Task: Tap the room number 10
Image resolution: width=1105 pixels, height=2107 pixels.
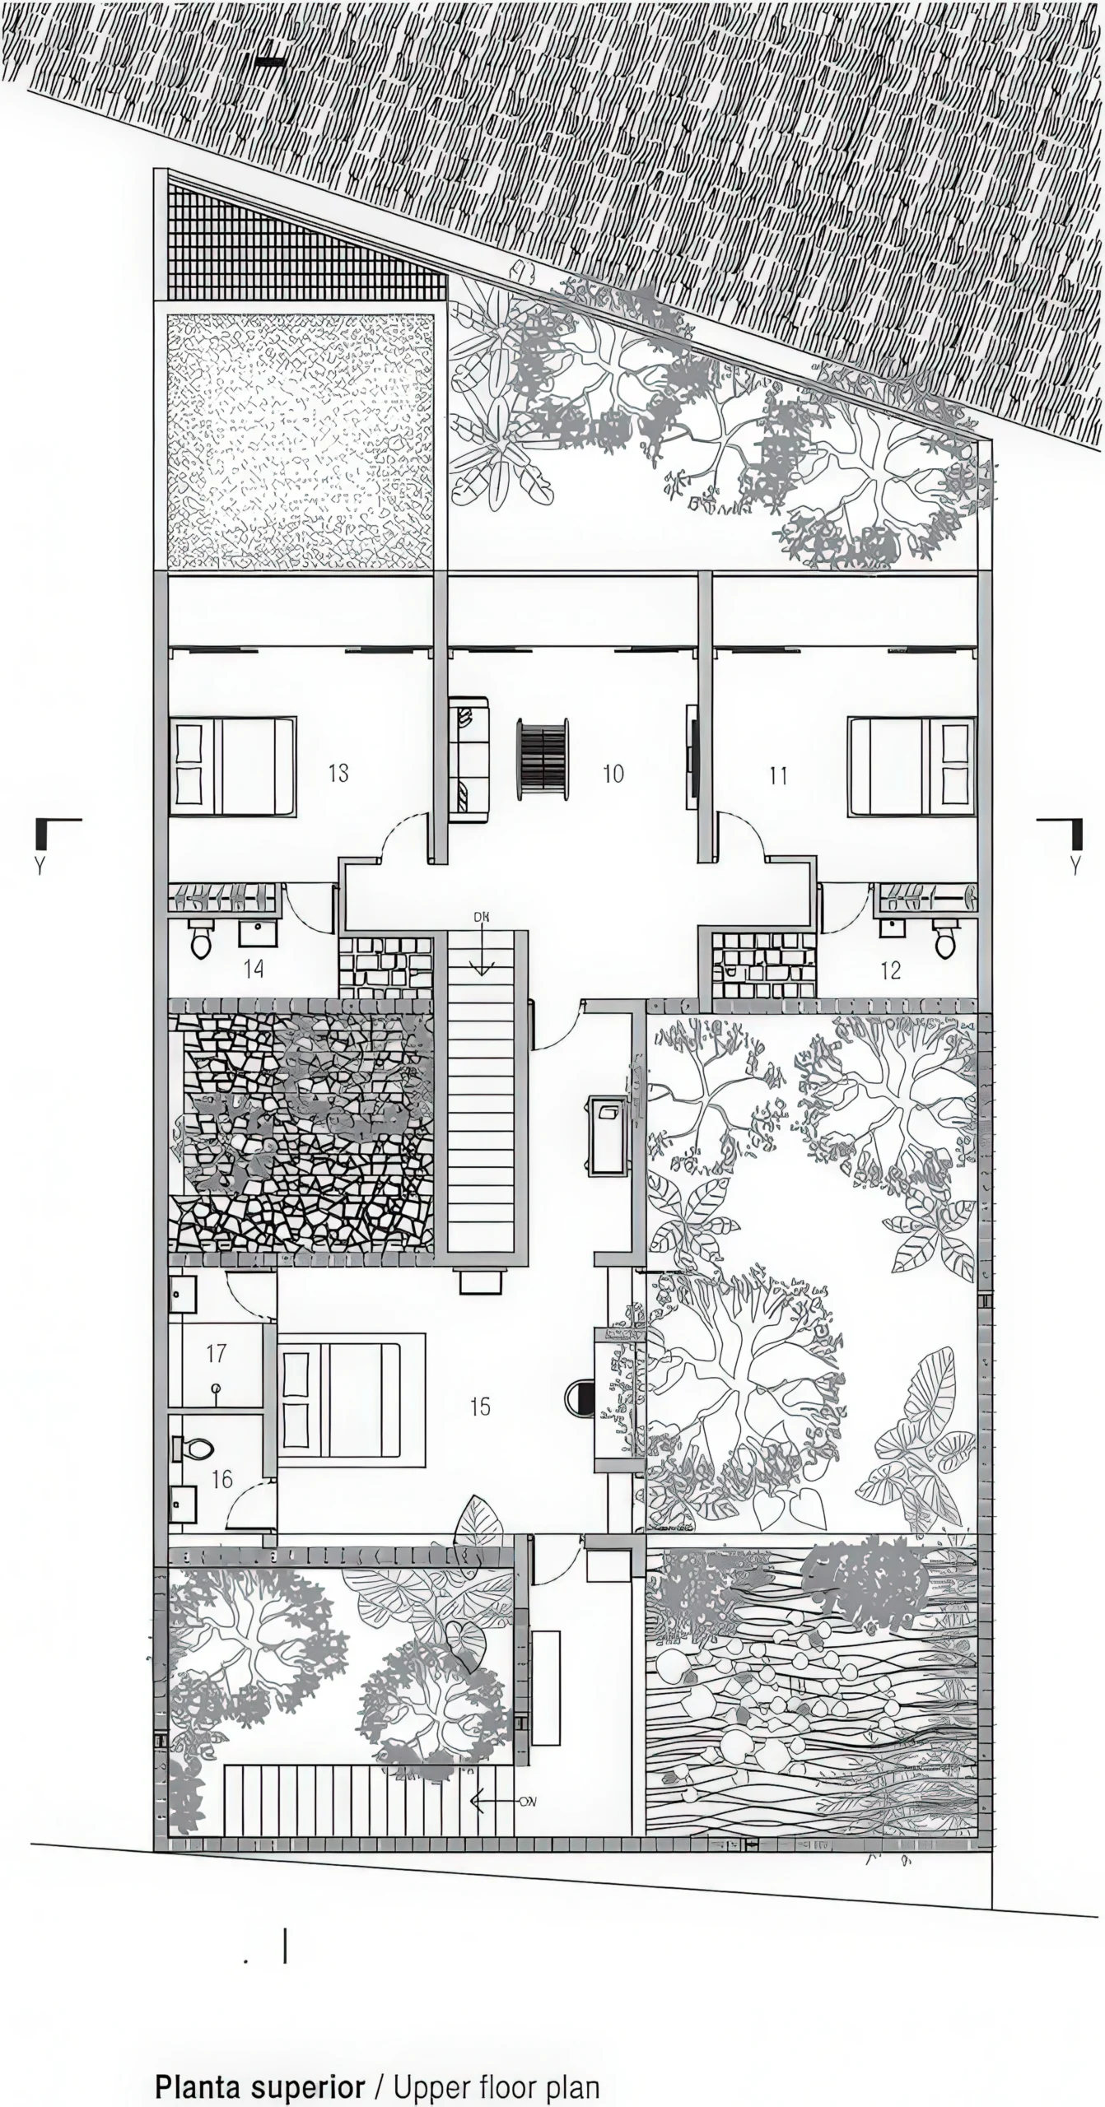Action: tap(613, 773)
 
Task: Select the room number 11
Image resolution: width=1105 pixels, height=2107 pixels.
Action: tap(778, 774)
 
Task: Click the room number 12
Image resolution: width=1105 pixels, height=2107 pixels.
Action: tap(891, 970)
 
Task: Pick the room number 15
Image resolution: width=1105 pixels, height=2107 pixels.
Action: tap(480, 1406)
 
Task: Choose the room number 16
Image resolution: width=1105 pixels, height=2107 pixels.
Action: tap(222, 1479)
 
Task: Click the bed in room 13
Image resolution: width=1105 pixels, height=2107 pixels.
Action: tap(233, 766)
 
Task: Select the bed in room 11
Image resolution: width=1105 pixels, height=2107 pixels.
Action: tap(912, 766)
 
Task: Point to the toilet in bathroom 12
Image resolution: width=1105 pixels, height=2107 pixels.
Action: tap(946, 939)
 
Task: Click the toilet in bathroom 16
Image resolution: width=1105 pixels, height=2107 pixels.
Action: tap(193, 1448)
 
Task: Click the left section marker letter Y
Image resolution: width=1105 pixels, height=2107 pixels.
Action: tap(40, 865)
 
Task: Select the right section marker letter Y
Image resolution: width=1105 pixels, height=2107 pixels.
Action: tap(1074, 865)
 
